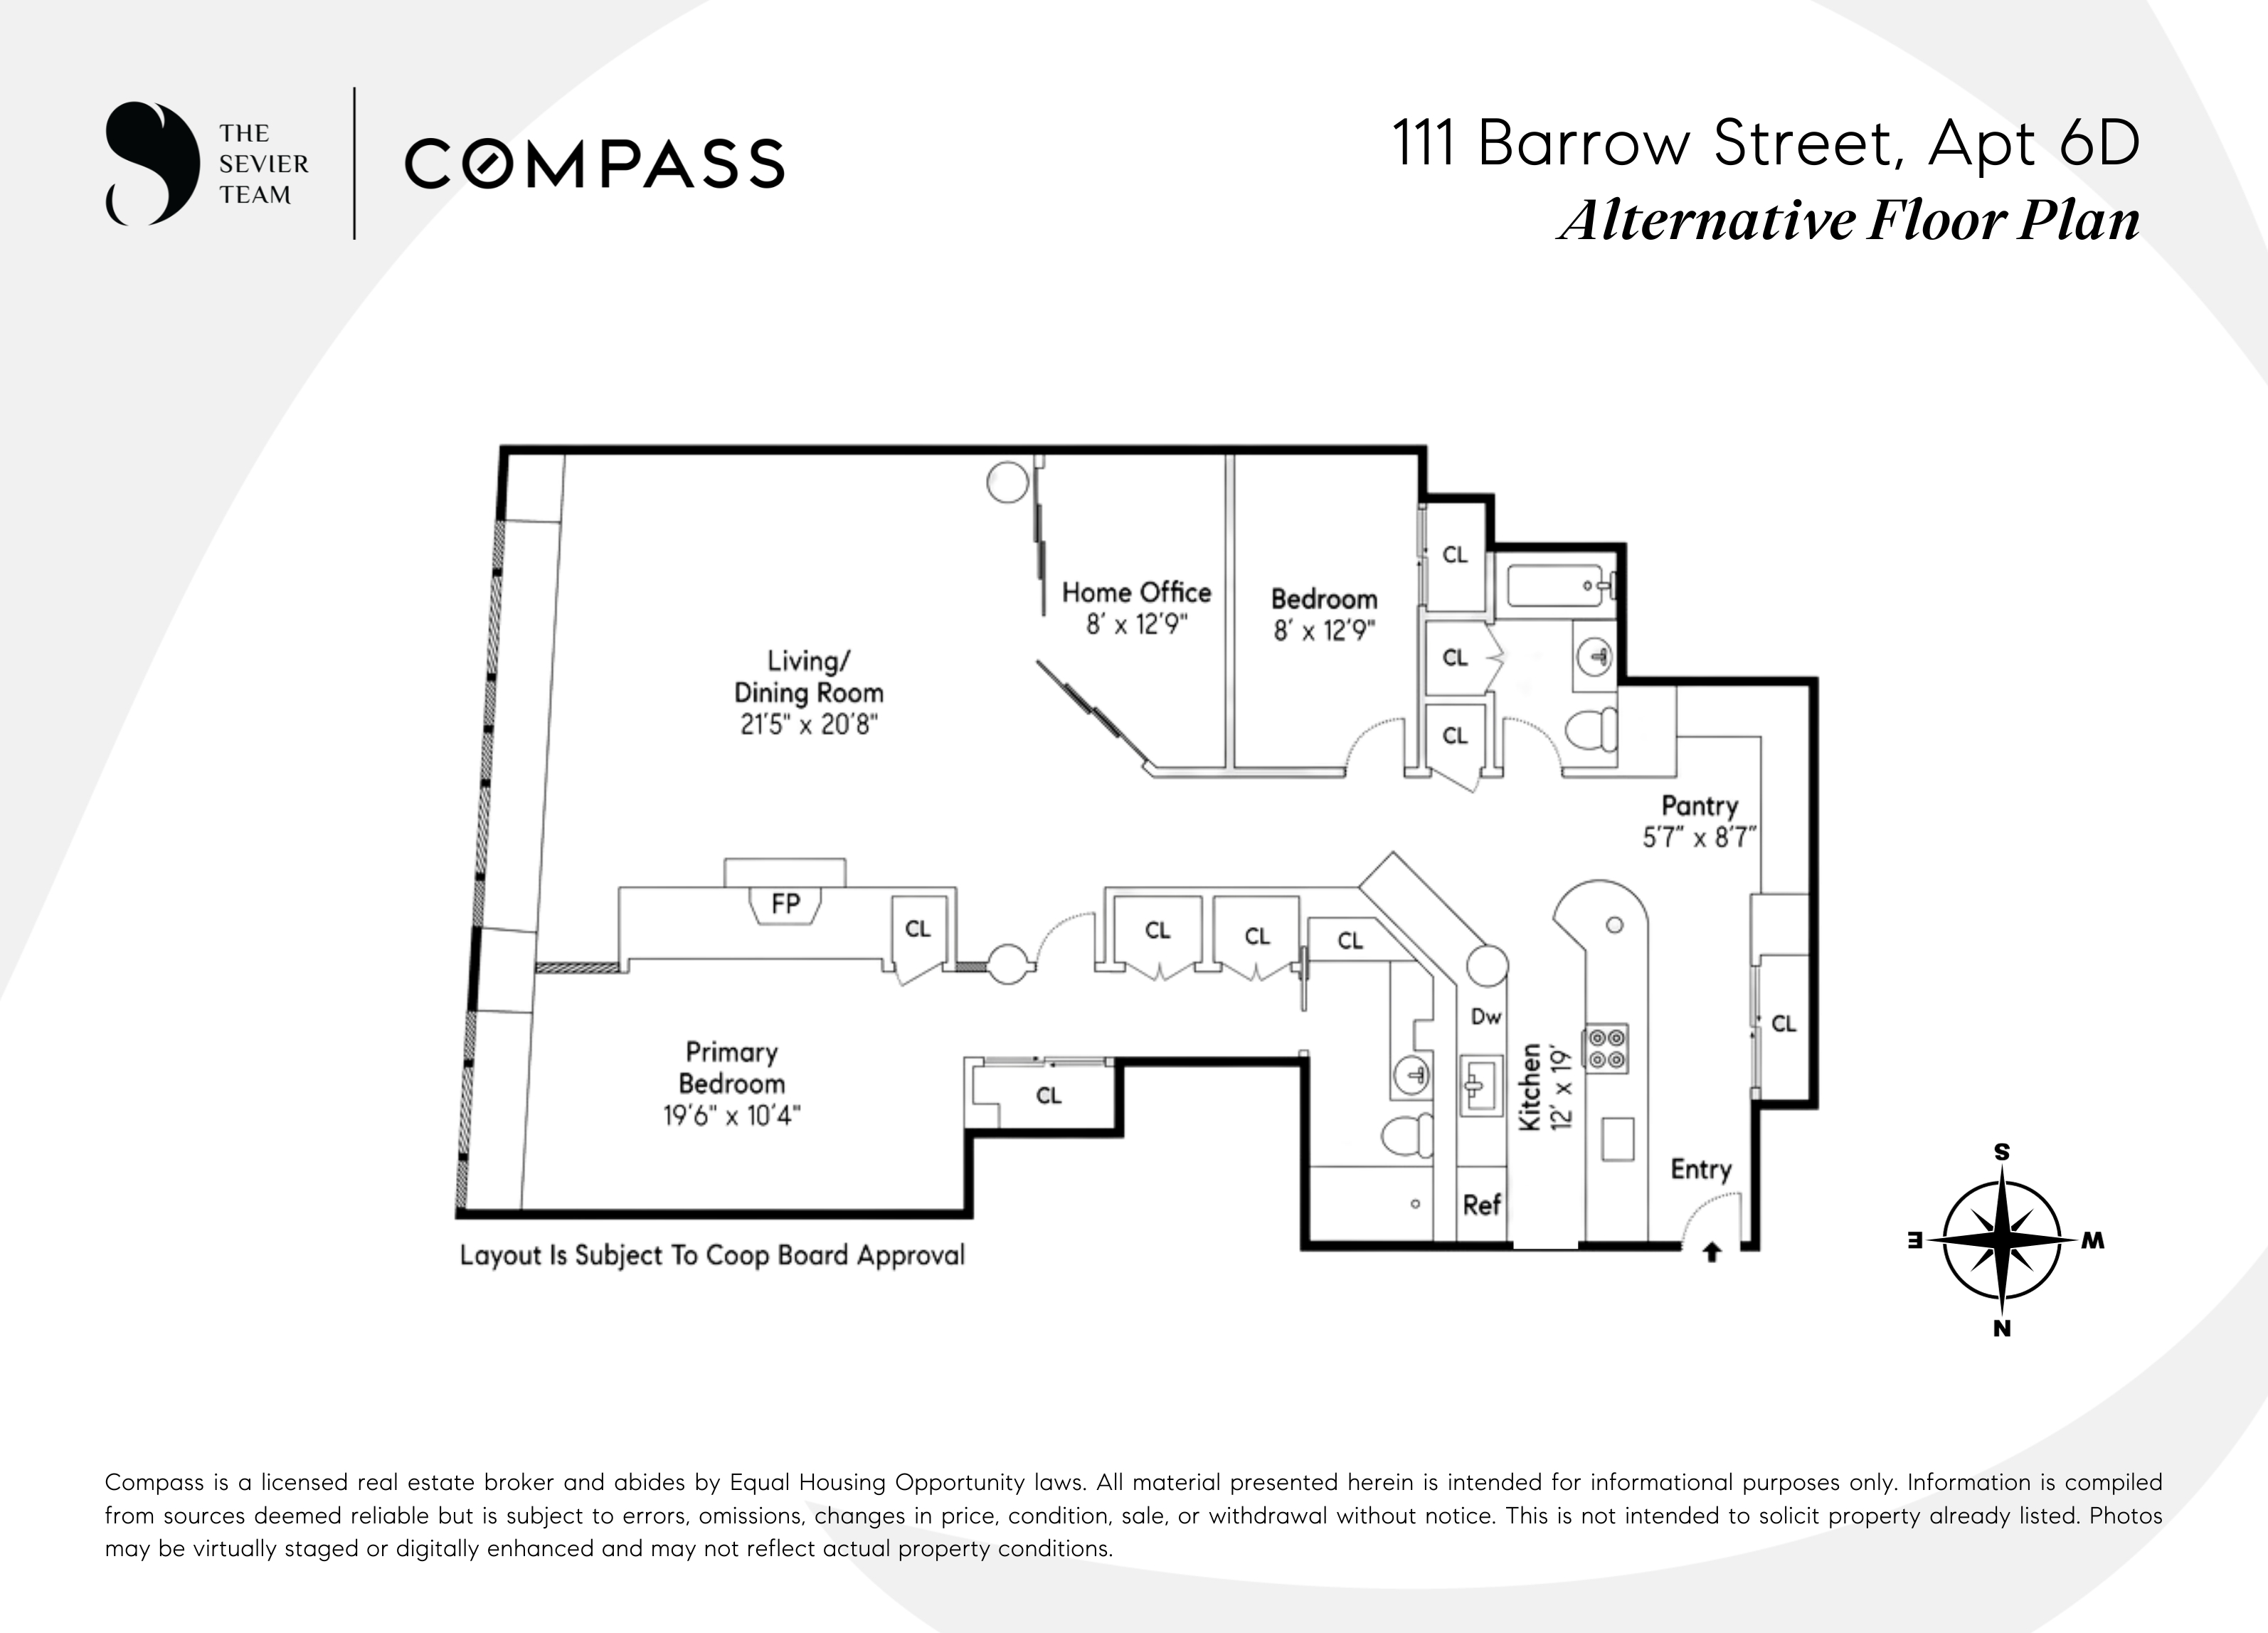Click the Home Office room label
coord(1136,592)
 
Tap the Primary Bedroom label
coord(732,1067)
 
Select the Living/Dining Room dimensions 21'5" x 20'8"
coord(808,724)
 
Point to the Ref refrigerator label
coord(1481,1205)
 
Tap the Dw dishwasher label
coord(1486,1016)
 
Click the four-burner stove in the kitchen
coord(1605,1048)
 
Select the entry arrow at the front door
coord(1711,1251)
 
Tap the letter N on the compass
coord(2002,1328)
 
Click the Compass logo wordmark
coord(594,164)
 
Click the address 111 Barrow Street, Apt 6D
coord(1766,144)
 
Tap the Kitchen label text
coord(1530,1088)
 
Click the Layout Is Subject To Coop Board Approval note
coord(712,1255)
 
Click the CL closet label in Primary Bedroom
coord(1048,1095)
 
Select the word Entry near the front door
coord(1701,1170)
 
